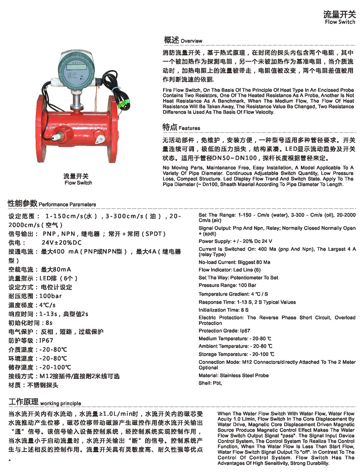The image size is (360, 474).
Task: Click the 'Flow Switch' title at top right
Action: tap(339, 18)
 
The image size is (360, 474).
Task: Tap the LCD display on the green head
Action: tap(77, 66)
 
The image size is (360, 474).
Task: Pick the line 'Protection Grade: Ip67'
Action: tap(224, 331)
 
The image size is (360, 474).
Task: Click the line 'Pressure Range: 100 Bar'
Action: tap(227, 285)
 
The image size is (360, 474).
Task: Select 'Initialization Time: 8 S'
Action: tap(223, 310)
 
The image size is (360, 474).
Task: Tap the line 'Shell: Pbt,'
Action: tap(210, 383)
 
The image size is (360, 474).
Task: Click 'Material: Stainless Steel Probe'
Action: tap(233, 375)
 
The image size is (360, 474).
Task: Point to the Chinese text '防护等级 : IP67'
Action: tap(31, 340)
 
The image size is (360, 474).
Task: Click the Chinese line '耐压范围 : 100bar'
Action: tap(35, 296)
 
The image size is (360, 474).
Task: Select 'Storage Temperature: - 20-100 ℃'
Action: tap(236, 354)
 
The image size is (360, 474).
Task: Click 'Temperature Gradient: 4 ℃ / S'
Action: tap(233, 294)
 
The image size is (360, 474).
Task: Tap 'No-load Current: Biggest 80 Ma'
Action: tap(234, 262)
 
